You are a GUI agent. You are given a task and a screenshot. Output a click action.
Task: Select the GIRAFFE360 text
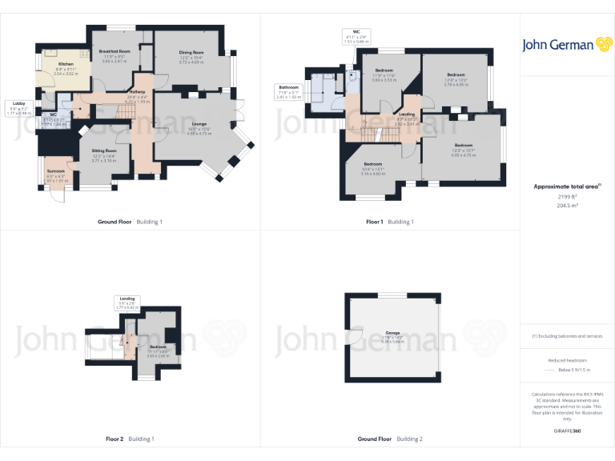click(567, 431)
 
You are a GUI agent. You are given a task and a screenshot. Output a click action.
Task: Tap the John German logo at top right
click(567, 45)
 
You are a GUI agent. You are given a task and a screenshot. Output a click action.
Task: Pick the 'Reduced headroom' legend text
click(567, 360)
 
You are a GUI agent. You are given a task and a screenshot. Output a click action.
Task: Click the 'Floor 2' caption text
click(115, 439)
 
